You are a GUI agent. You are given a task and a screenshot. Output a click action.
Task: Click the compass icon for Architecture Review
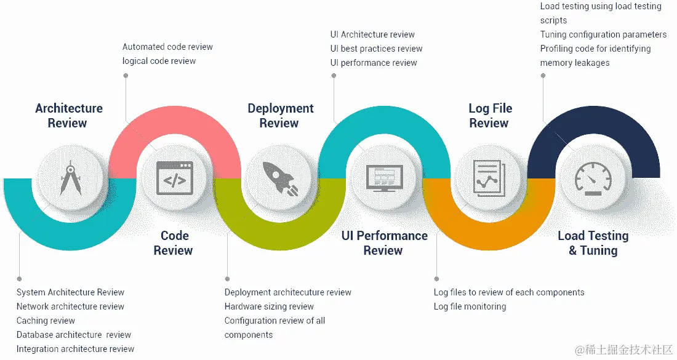click(70, 178)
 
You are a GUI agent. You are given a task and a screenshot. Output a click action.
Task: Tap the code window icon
click(175, 178)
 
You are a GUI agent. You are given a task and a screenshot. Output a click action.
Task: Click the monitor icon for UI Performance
click(384, 178)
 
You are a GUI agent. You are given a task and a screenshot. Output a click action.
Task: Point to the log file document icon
click(489, 178)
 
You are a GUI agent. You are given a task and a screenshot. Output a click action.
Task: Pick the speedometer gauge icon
click(593, 178)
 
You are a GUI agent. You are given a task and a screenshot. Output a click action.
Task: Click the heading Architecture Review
click(68, 116)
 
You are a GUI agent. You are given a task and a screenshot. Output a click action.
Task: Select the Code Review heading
click(174, 243)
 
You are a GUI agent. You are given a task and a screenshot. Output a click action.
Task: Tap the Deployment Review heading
click(280, 116)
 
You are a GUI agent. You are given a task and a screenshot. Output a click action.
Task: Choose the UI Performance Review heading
click(384, 243)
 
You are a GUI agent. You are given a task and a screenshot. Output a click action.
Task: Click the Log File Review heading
click(490, 116)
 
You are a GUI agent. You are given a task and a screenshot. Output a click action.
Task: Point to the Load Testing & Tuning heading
click(593, 243)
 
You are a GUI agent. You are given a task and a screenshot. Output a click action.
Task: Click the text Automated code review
click(167, 47)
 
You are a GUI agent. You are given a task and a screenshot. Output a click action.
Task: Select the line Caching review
click(46, 321)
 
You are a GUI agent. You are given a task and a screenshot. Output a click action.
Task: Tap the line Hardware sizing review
click(269, 306)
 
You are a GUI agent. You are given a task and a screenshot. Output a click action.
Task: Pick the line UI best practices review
click(376, 49)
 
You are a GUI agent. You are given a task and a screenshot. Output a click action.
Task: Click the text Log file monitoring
click(470, 306)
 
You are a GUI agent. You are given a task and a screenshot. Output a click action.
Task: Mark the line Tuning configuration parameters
click(603, 34)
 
